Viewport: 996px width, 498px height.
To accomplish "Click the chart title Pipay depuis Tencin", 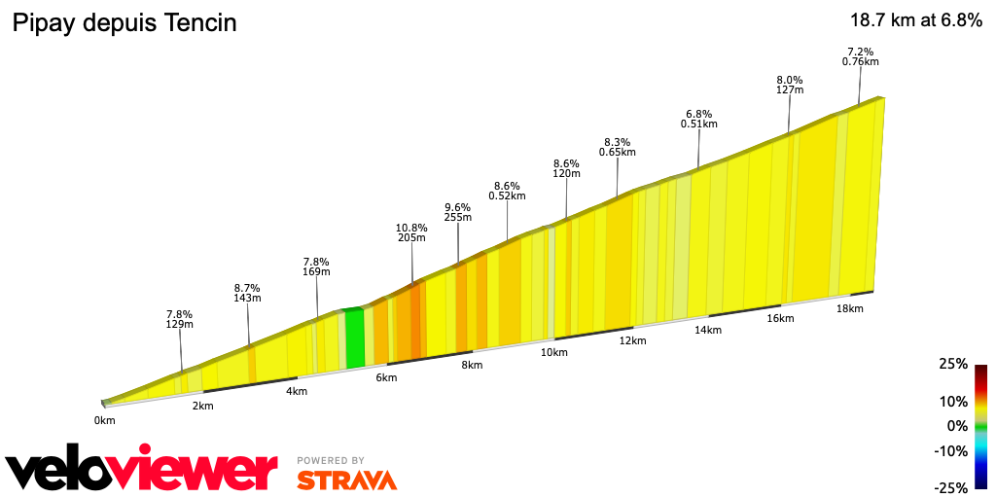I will coord(124,23).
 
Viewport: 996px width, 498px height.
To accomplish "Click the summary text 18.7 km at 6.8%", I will coord(915,21).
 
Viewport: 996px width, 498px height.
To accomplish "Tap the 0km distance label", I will coord(104,420).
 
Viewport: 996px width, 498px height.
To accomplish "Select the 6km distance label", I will coord(386,377).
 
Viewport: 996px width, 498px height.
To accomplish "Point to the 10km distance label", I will coord(553,352).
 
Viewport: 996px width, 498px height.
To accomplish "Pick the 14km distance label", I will coord(707,330).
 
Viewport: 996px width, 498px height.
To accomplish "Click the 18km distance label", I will coord(849,308).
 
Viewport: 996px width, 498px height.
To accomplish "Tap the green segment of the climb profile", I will coord(355,338).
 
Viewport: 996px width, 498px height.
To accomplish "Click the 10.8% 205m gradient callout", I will coord(411,231).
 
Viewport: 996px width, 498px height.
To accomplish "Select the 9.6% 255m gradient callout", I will coord(457,212).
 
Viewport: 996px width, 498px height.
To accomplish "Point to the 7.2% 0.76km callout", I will coord(860,56).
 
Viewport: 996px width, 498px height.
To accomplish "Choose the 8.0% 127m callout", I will coord(789,85).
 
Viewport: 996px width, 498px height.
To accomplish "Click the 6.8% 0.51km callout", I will coord(699,119).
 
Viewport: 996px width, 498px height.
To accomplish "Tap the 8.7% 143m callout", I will coord(247,293).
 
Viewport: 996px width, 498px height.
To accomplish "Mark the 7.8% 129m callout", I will coord(179,319).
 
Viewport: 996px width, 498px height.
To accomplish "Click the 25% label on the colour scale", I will coord(953,364).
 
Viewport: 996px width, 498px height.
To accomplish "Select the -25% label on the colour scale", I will coord(950,487).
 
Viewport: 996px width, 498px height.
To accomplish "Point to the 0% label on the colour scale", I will coord(957,426).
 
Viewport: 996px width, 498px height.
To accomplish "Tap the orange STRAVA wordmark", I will coord(346,480).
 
